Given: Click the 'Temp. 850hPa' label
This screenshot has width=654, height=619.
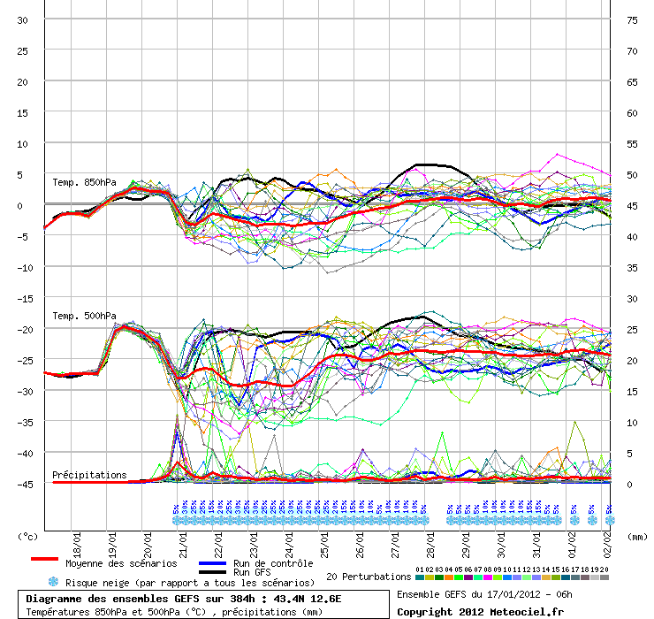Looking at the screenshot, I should tap(84, 182).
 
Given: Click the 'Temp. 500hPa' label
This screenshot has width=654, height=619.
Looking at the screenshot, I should tap(84, 316).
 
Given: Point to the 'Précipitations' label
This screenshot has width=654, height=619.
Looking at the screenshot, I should tap(89, 475).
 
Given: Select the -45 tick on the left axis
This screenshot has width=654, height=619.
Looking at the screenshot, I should tap(24, 484).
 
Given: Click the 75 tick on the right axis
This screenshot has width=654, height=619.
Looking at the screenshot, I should tap(632, 19).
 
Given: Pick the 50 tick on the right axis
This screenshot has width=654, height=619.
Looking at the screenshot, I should tap(632, 174).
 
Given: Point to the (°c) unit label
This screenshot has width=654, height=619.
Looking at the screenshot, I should tap(28, 535).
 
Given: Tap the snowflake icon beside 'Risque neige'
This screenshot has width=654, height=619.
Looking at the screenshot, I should tap(52, 582).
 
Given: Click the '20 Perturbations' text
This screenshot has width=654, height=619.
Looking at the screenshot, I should tap(369, 577).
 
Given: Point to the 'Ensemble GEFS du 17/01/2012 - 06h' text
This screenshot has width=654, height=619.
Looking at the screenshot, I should tap(486, 593).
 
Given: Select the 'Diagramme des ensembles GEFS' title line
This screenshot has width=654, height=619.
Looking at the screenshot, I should tap(184, 598).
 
